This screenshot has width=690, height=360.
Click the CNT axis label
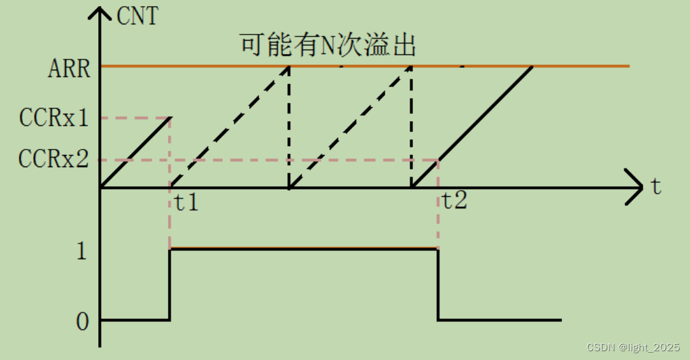(137, 16)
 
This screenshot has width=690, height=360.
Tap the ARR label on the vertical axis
(69, 68)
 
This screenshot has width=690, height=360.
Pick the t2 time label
(455, 200)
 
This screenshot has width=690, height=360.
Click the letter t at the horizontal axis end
(656, 187)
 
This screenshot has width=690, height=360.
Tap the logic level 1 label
(82, 251)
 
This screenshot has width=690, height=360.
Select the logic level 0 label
(82, 321)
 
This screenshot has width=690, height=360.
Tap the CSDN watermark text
(632, 347)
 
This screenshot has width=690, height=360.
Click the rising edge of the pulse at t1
(169, 284)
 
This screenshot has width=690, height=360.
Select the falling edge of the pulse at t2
(438, 284)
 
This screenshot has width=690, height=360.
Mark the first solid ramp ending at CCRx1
(135, 152)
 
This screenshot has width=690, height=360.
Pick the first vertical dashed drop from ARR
(289, 127)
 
